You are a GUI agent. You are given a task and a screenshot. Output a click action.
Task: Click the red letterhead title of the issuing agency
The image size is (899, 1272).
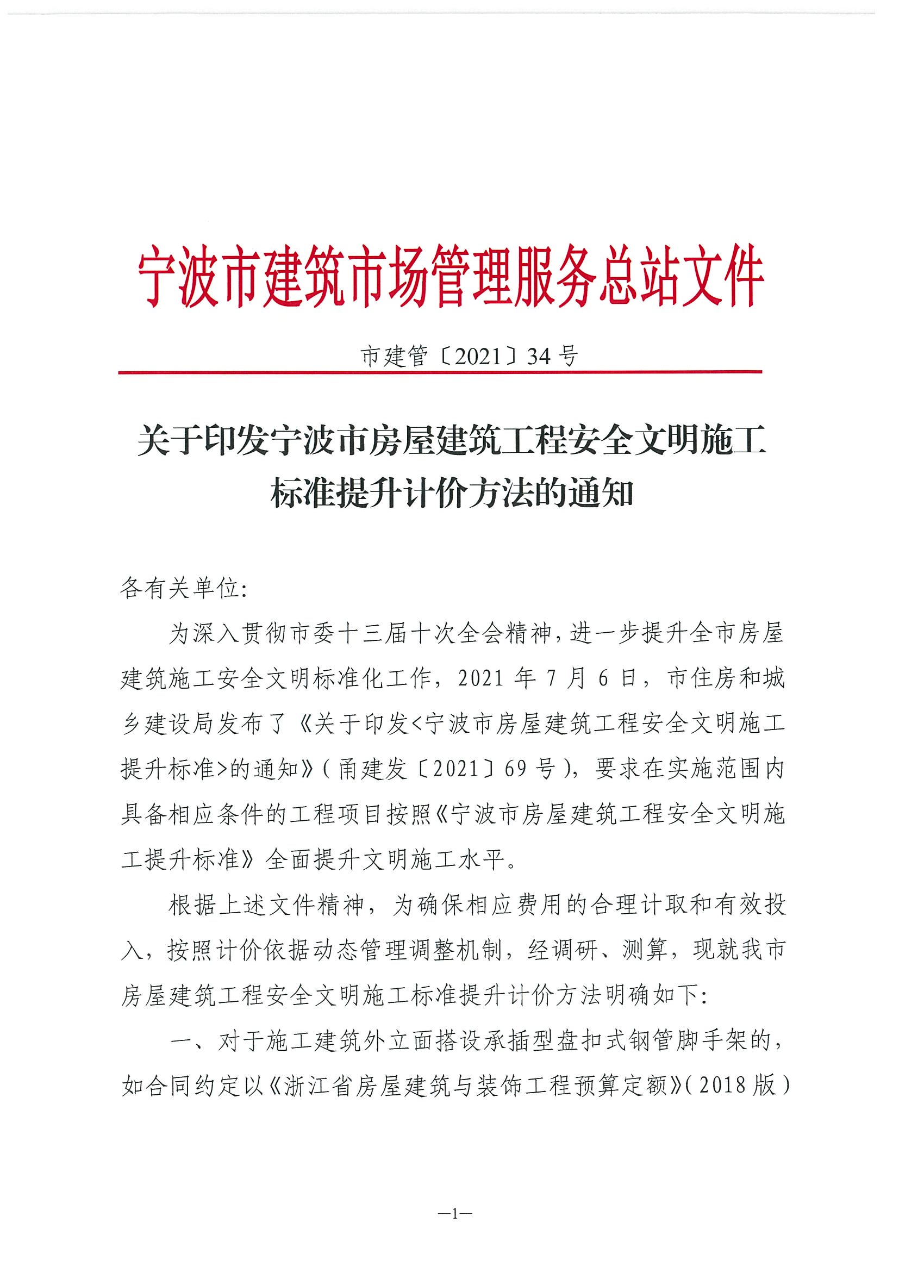click(x=450, y=277)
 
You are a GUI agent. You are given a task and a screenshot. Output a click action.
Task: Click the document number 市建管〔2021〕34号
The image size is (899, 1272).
click(x=469, y=356)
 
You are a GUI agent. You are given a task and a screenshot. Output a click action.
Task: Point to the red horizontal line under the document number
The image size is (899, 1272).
click(x=440, y=372)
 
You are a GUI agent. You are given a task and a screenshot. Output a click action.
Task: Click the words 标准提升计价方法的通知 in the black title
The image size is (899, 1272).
click(x=452, y=493)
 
